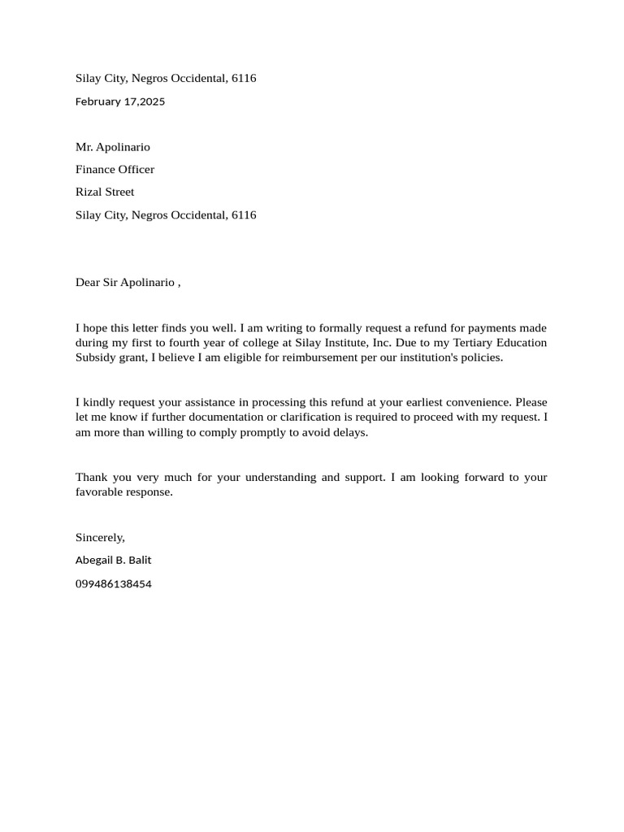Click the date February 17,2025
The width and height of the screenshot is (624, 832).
tap(120, 102)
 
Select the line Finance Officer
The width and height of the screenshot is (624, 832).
tap(115, 169)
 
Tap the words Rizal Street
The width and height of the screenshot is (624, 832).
tap(105, 192)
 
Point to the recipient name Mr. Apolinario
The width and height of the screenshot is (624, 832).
tap(113, 147)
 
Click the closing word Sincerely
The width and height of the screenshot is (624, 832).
tap(100, 537)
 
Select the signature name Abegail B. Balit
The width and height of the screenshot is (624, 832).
tap(113, 560)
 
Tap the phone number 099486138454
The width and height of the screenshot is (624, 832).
tap(113, 583)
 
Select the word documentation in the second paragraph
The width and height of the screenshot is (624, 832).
tap(219, 418)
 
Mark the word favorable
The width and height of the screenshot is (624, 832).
tap(100, 492)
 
